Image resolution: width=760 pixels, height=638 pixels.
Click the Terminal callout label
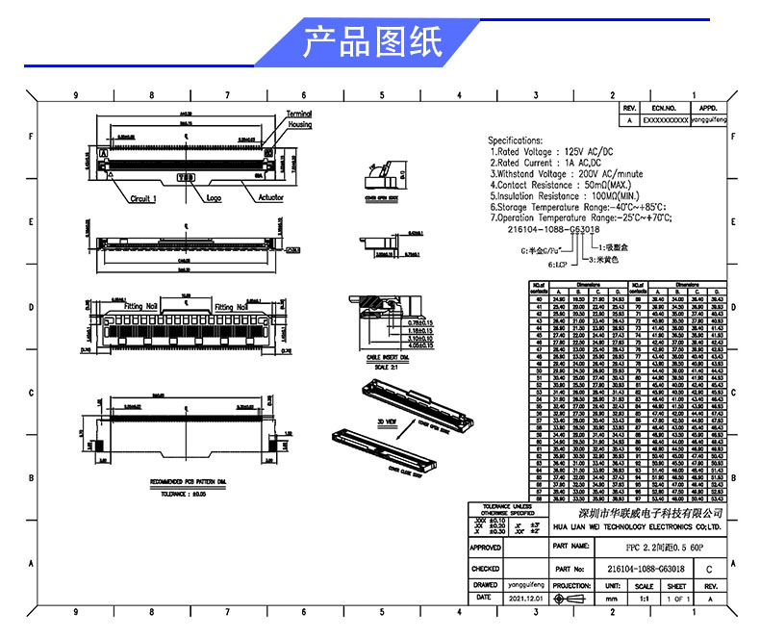click(299, 115)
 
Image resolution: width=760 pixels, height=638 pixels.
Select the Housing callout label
click(299, 125)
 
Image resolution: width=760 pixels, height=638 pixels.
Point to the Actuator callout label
click(270, 198)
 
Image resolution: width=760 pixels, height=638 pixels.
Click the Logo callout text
click(213, 198)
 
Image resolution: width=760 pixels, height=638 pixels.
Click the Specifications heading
click(516, 140)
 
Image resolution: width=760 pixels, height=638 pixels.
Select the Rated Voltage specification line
click(549, 152)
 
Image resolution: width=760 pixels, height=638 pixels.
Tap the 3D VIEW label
click(385, 421)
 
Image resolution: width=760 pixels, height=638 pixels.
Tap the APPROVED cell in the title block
click(485, 548)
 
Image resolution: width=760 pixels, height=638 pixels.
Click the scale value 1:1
click(644, 598)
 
